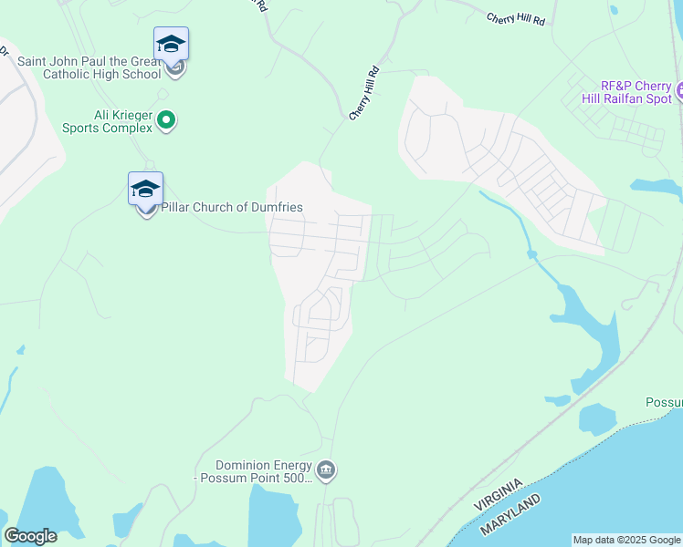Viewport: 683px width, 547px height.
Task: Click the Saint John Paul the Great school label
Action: [x=89, y=67]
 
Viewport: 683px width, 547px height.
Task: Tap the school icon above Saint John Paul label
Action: [x=171, y=44]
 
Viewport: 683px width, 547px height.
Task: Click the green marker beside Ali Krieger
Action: [x=166, y=119]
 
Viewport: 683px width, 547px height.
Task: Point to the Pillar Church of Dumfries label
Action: [x=232, y=207]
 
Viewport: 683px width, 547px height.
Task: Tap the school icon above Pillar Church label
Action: [x=145, y=189]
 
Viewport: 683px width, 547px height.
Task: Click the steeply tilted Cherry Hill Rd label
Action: [x=364, y=93]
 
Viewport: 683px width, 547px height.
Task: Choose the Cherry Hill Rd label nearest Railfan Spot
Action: [x=516, y=19]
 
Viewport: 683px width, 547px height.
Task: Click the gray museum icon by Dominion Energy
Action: [x=326, y=470]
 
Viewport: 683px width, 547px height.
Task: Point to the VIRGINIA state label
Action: [x=499, y=493]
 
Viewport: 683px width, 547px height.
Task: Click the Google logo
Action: [x=30, y=536]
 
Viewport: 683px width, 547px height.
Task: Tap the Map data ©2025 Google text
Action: [x=626, y=540]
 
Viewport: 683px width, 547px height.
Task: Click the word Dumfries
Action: [x=275, y=207]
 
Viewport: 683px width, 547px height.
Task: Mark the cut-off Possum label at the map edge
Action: [x=664, y=402]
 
